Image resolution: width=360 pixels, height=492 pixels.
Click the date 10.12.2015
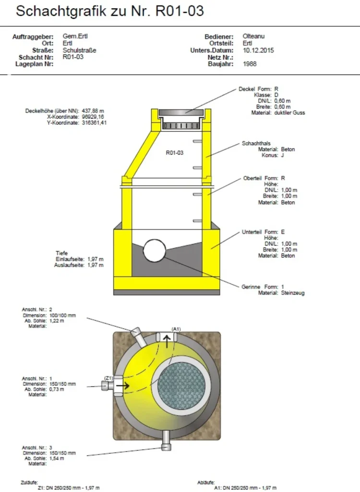click(x=258, y=50)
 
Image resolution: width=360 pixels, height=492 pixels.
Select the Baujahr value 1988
click(x=250, y=64)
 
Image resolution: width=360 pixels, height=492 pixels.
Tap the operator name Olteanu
click(x=253, y=36)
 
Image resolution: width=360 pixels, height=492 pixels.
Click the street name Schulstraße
click(x=79, y=50)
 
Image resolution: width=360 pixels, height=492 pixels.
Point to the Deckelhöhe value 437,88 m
click(x=93, y=111)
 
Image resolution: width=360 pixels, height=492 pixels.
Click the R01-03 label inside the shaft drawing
click(x=174, y=153)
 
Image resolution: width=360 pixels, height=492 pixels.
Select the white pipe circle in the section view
click(x=154, y=250)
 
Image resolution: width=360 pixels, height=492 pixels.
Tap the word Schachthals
click(x=256, y=143)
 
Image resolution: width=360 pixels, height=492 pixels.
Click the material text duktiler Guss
click(x=289, y=112)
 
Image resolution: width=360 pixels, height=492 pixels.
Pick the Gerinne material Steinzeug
click(x=293, y=293)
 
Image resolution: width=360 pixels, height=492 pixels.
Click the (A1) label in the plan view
click(x=176, y=329)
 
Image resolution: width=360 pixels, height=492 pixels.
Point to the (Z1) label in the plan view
click(x=108, y=378)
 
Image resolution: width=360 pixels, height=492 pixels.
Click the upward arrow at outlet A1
click(x=167, y=341)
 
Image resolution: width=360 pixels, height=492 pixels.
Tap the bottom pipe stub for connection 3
click(x=166, y=441)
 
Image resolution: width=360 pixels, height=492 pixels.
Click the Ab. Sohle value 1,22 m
click(x=57, y=320)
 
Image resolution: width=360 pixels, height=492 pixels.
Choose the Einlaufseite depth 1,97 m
click(x=96, y=259)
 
